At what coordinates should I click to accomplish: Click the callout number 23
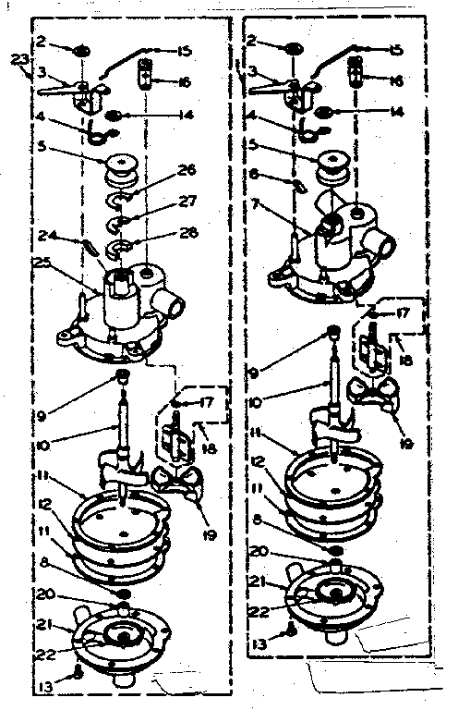tap(18, 61)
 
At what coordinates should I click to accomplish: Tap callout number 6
tap(253, 174)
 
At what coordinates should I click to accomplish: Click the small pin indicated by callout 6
tap(296, 184)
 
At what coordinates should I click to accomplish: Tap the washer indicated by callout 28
tap(123, 248)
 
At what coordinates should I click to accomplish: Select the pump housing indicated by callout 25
tap(120, 310)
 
